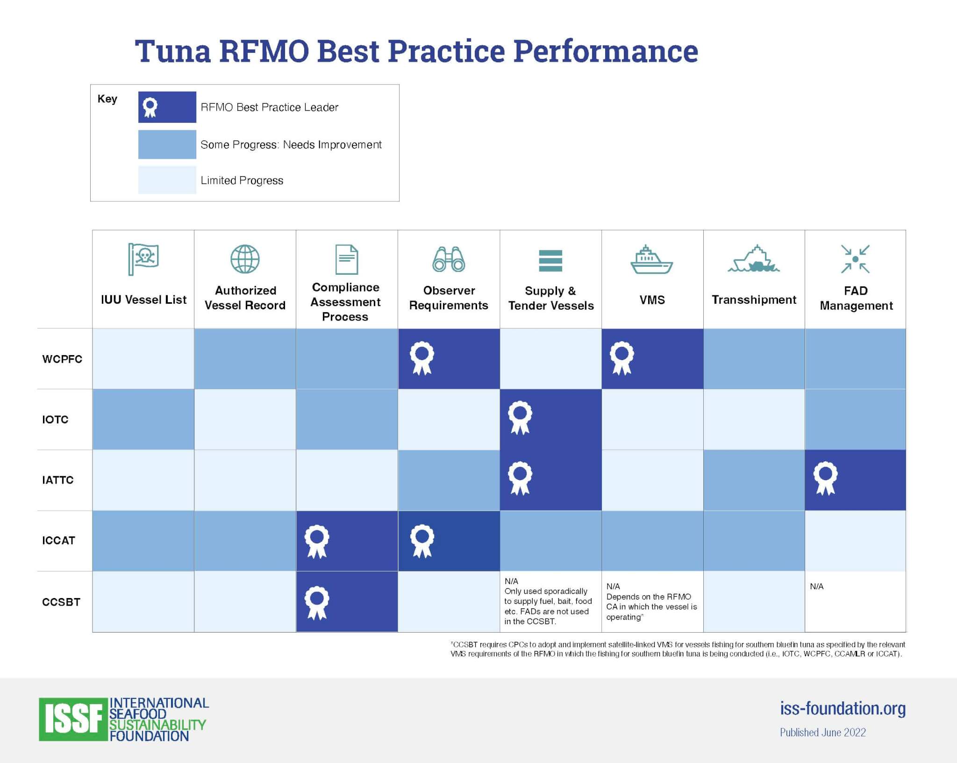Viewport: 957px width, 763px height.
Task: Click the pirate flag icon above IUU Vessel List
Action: (x=143, y=259)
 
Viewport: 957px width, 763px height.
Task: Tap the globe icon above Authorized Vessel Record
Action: (x=245, y=259)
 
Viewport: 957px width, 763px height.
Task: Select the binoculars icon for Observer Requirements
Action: (x=449, y=259)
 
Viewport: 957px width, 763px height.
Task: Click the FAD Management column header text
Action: (x=856, y=298)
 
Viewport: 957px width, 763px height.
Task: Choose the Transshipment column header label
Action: (x=754, y=299)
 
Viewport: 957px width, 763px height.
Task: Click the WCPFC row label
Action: (x=62, y=359)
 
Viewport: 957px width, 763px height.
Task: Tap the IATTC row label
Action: (x=58, y=480)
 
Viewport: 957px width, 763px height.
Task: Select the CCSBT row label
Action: (x=61, y=602)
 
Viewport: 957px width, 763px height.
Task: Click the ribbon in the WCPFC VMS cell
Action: (x=622, y=358)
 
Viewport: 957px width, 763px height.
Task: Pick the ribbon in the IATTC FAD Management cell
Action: (x=826, y=478)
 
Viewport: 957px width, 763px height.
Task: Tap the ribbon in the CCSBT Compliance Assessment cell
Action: (x=317, y=603)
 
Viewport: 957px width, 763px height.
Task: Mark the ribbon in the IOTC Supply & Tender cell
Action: (x=520, y=418)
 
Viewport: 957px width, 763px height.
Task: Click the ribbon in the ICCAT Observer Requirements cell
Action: (x=422, y=541)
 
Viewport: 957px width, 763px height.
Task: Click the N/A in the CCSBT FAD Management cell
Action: (x=817, y=586)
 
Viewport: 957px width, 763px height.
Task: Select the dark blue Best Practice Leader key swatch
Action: (x=167, y=107)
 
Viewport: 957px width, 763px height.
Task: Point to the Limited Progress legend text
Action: (x=242, y=180)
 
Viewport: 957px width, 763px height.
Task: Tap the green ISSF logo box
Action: (x=73, y=719)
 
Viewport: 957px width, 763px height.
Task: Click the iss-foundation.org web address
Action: (x=843, y=708)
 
